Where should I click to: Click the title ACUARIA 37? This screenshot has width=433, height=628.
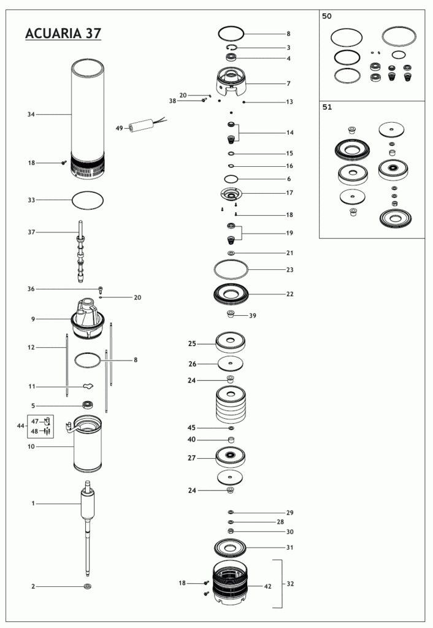tap(63, 33)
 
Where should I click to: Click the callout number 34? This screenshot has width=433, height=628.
tap(31, 115)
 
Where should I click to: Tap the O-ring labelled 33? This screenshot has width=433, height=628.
tap(87, 200)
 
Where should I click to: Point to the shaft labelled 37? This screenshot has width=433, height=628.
tap(80, 251)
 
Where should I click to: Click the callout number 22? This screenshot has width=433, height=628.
tap(289, 294)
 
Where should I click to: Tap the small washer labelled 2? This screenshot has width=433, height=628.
tap(88, 587)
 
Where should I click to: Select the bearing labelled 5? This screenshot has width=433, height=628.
tap(87, 405)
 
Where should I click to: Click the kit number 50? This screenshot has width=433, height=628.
tap(327, 16)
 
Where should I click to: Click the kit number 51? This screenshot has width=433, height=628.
tap(327, 107)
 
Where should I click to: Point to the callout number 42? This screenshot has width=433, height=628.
tap(267, 586)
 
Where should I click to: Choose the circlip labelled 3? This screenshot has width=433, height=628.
tap(231, 48)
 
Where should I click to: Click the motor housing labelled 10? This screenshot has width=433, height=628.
tap(87, 444)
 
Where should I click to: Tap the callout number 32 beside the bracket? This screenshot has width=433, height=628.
tap(290, 584)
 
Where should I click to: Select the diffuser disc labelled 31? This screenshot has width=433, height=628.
tap(230, 548)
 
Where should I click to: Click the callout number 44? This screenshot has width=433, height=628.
tap(20, 426)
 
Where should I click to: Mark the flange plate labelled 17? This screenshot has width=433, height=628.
tap(231, 194)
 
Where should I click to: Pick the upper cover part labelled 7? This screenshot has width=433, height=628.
tap(231, 82)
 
